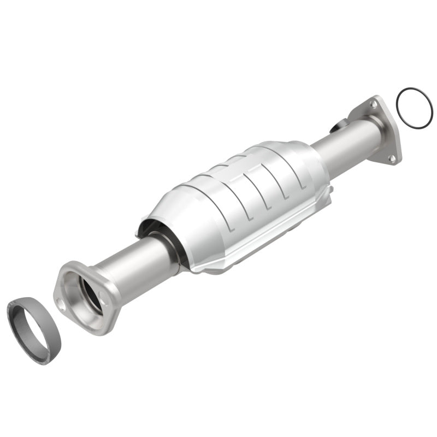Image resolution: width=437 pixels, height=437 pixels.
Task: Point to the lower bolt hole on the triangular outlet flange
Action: click(x=391, y=158)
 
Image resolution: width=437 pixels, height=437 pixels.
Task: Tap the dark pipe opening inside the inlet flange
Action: click(x=90, y=293)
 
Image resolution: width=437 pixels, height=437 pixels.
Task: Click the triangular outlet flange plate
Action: click(x=382, y=131)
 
